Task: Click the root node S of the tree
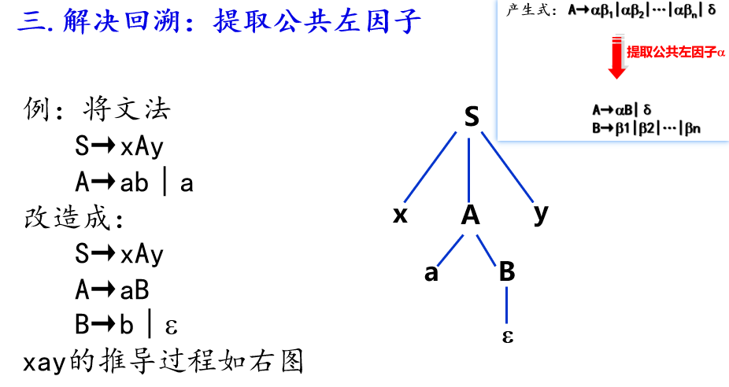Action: pyautogui.click(x=471, y=117)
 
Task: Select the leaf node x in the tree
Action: pyautogui.click(x=400, y=216)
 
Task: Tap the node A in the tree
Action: pyautogui.click(x=470, y=216)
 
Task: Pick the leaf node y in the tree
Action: pyautogui.click(x=540, y=214)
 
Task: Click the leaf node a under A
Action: pyautogui.click(x=431, y=273)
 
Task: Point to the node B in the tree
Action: pyautogui.click(x=507, y=272)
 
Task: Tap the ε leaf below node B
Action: pyautogui.click(x=508, y=337)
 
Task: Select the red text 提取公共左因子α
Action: pyautogui.click(x=675, y=53)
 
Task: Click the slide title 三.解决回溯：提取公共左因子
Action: pyautogui.click(x=220, y=21)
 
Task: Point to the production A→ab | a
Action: pyautogui.click(x=134, y=182)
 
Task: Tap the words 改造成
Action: pyautogui.click(x=74, y=218)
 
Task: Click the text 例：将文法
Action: pyautogui.click(x=97, y=109)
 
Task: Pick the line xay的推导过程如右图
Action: pyautogui.click(x=163, y=362)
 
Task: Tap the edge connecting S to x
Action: pyautogui.click(x=431, y=166)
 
